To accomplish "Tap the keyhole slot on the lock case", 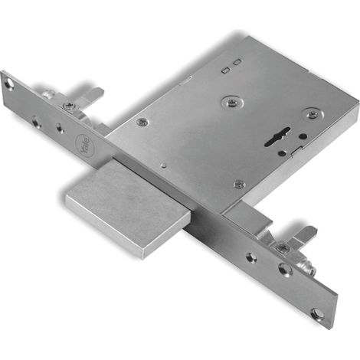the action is tap(277, 136).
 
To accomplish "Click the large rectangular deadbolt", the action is tap(129, 209).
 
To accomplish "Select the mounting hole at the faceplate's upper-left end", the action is tap(9, 84).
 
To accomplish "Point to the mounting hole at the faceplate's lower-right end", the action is tap(317, 313).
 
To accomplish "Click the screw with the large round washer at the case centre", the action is tap(232, 103).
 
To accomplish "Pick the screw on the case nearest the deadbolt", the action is tap(240, 184).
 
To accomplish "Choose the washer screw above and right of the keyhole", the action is tap(313, 114).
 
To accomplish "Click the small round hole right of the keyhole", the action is tap(303, 136).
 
